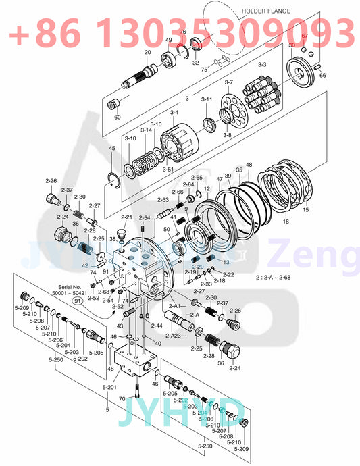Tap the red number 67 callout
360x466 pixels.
click(305, 36)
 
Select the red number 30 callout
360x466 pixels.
click(292, 45)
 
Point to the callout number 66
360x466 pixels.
click(322, 76)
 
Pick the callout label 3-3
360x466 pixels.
click(262, 64)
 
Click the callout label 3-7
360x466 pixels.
click(228, 82)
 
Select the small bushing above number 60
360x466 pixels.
click(115, 104)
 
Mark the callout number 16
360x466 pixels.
click(285, 221)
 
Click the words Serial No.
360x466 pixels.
click(70, 288)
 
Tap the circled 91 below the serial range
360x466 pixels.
click(78, 302)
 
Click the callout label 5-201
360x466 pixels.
click(109, 387)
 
